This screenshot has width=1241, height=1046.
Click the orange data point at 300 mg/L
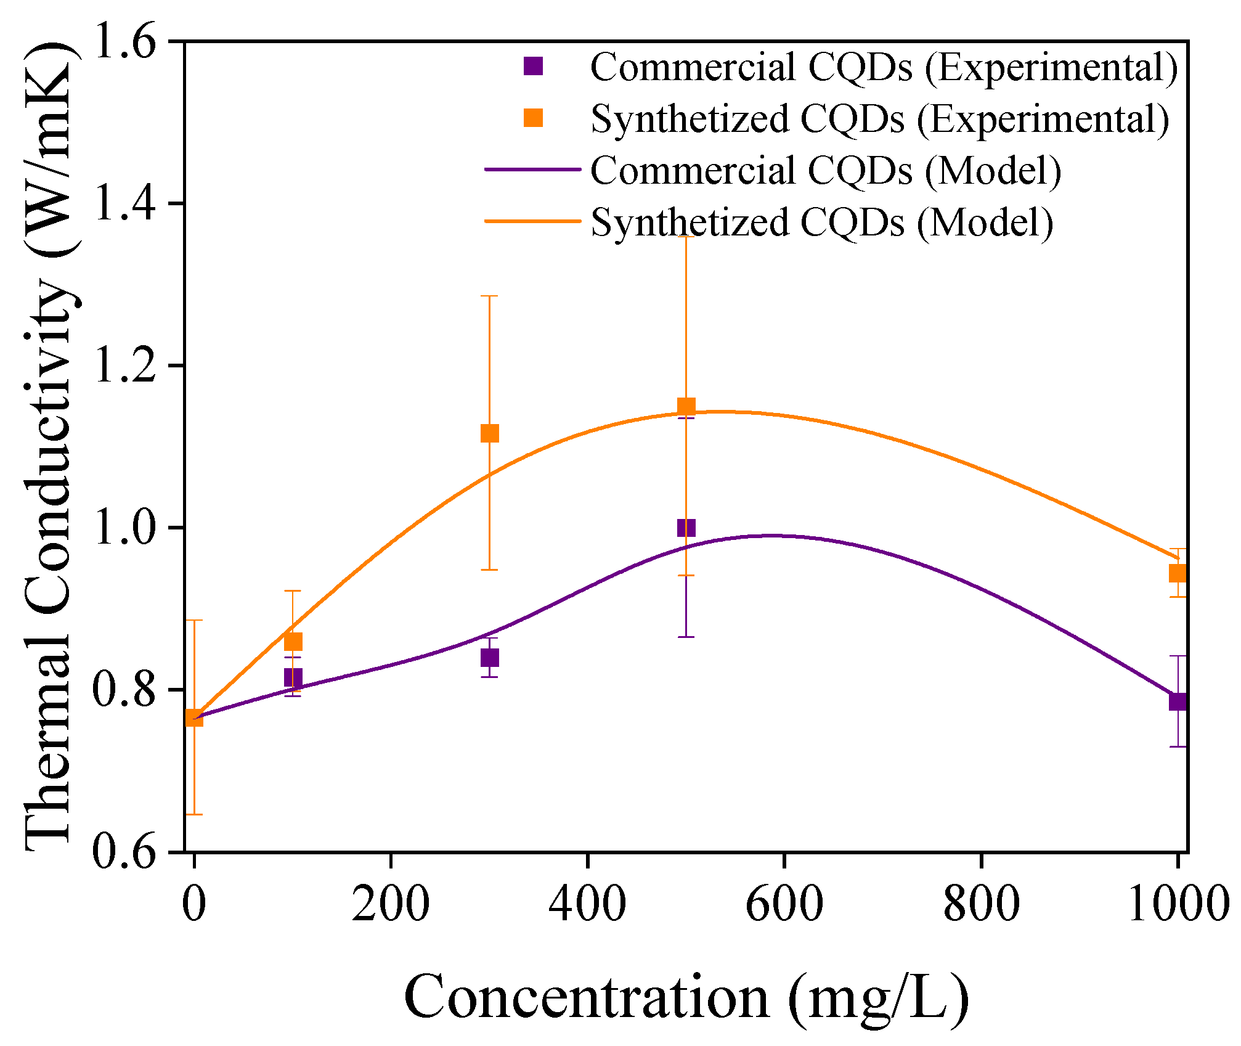[x=489, y=433]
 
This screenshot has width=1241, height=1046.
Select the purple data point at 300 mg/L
[x=489, y=658]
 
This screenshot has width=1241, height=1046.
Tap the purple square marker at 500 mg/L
[x=686, y=528]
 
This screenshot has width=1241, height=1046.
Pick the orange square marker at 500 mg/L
[x=686, y=406]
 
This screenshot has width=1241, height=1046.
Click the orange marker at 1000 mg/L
[x=1178, y=573]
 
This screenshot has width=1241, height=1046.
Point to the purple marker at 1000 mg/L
[x=1178, y=701]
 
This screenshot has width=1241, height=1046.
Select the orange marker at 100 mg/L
[x=293, y=642]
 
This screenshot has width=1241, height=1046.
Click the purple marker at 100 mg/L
[x=293, y=678]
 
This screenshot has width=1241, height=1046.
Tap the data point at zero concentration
[x=194, y=717]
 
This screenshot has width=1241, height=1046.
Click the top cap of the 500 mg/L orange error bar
[x=686, y=237]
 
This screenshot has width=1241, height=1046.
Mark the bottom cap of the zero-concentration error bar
[x=194, y=814]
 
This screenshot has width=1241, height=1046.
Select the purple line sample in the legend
[x=532, y=169]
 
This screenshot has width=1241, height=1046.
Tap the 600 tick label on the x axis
[x=784, y=905]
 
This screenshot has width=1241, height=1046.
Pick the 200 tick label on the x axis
[x=391, y=905]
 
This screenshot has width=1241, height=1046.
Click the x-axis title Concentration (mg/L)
[x=686, y=997]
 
